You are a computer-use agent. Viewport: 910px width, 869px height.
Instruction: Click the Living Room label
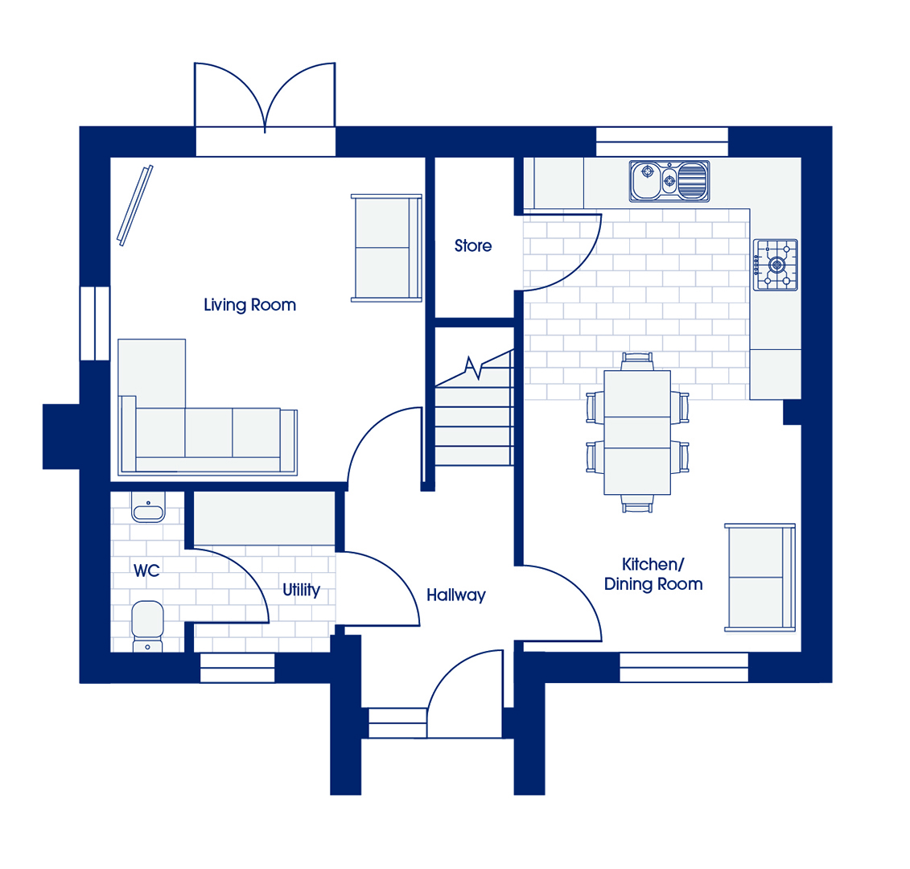(249, 305)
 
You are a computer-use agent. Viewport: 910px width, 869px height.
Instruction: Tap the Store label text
(473, 245)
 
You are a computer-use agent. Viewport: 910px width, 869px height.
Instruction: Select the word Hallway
(456, 595)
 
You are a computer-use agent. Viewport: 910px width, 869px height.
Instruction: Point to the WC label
(146, 570)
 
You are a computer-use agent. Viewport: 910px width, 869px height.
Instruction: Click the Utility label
(301, 590)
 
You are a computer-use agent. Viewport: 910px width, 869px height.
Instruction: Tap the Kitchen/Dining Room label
(653, 575)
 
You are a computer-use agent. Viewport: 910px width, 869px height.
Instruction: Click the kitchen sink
(669, 181)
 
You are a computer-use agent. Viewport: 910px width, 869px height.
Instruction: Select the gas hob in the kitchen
(776, 265)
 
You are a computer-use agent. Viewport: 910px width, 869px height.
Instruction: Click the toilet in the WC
(147, 626)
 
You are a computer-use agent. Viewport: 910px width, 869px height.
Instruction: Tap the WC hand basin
(148, 508)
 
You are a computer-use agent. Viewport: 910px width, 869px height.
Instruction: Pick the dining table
(637, 432)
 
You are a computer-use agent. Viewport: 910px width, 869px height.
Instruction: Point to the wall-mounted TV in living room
(134, 205)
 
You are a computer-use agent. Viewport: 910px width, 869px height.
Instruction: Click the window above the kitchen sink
(662, 141)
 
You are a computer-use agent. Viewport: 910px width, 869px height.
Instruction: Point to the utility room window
(237, 668)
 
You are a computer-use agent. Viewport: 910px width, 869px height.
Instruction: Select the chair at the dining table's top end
(637, 361)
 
